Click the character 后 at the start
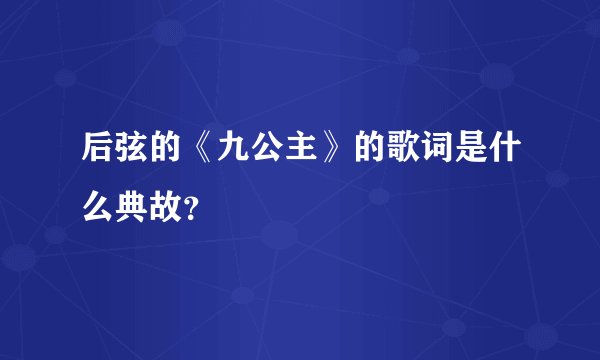(x=102, y=154)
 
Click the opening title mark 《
(x=205, y=154)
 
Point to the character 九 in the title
(x=234, y=154)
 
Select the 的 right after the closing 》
(x=366, y=154)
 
